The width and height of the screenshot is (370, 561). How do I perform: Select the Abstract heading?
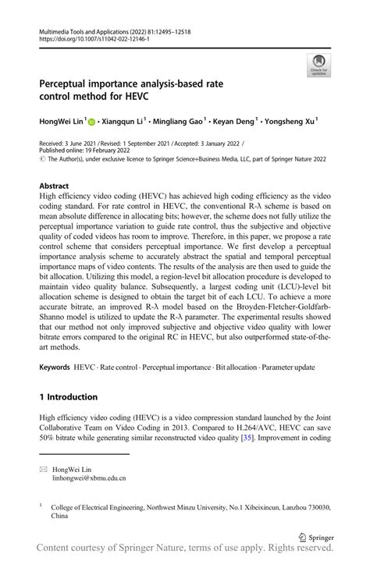59,186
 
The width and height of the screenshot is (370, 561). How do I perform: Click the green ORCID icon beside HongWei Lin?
92,122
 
